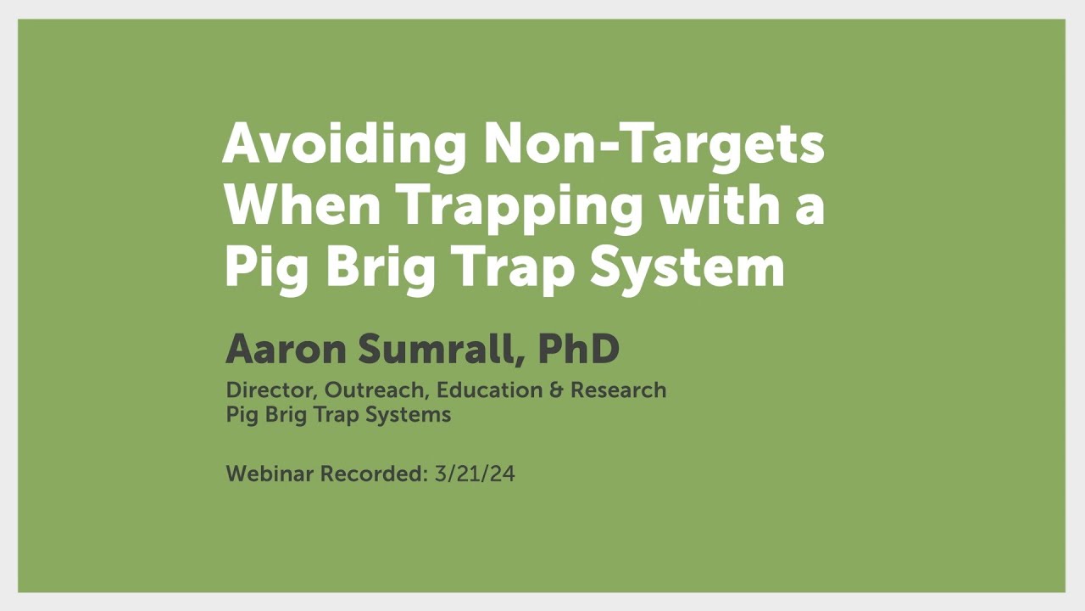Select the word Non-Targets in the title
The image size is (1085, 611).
pos(654,144)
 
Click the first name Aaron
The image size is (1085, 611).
pos(281,349)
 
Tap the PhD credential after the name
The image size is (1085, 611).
pos(579,349)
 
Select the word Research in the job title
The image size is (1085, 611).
pos(619,390)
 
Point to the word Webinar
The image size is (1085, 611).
pos(270,474)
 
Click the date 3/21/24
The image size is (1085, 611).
pos(475,474)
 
